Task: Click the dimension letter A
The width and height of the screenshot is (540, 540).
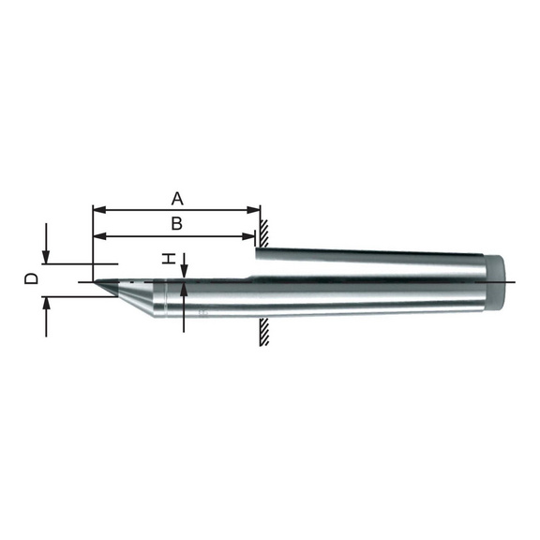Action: point(177,199)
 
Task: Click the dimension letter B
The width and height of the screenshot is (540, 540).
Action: point(177,223)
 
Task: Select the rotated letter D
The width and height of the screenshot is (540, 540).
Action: point(31,278)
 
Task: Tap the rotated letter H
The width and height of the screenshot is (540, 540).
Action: point(169,259)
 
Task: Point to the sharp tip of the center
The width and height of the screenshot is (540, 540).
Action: point(95,281)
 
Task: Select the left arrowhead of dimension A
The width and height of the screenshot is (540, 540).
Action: point(100,210)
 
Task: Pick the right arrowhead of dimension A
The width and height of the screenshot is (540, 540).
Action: point(253,210)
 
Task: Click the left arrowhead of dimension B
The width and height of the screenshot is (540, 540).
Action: point(100,236)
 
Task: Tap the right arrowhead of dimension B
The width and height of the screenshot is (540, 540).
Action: point(248,236)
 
